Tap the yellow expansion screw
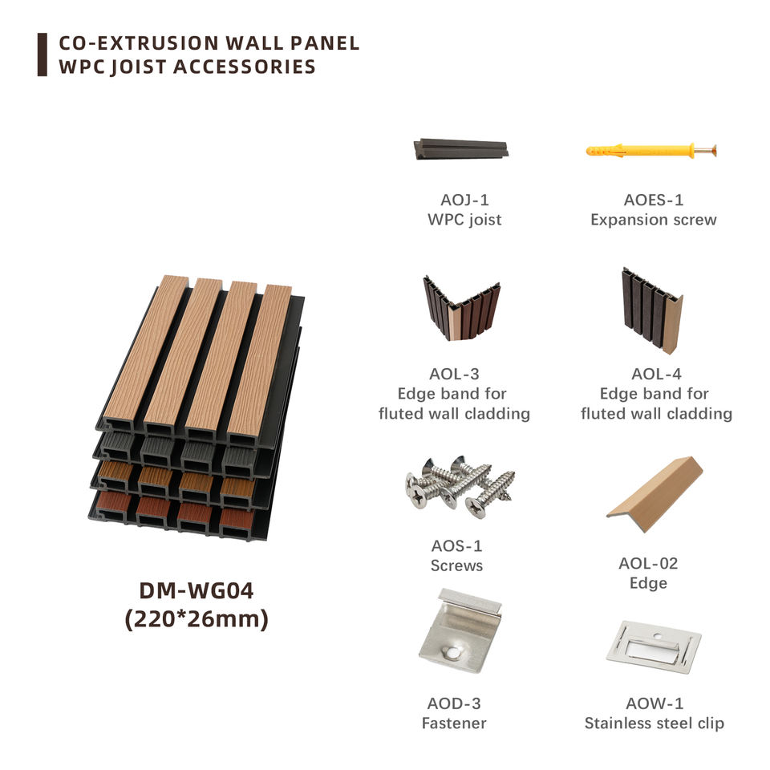tap(650, 151)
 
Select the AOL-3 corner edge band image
tap(460, 309)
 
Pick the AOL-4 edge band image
tap(651, 310)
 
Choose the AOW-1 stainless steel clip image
tap(654, 646)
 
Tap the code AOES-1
tap(654, 200)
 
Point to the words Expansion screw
tap(654, 220)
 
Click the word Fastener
tap(454, 723)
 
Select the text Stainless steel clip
tap(654, 723)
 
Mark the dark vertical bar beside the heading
tap(42, 55)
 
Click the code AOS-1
tap(456, 546)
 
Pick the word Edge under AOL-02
tap(648, 583)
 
